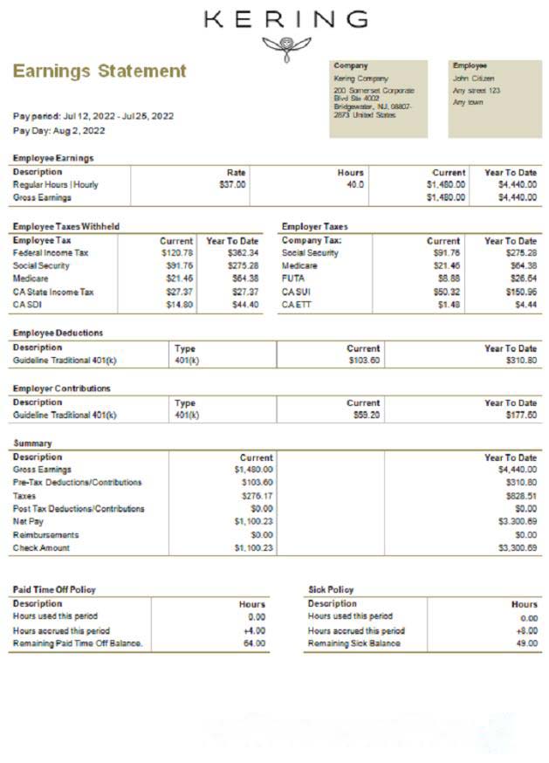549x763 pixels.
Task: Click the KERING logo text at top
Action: pos(285,19)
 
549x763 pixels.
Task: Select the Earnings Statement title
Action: pos(100,71)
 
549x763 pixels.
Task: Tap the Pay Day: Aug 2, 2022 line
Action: pos(59,131)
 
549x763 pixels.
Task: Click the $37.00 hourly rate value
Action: pos(232,185)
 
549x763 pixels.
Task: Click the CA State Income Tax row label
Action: pos(53,292)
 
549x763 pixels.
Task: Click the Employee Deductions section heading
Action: pos(58,333)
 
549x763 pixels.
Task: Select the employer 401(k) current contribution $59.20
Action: pos(364,416)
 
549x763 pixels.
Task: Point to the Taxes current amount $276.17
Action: pos(257,496)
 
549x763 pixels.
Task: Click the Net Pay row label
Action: pos(27,522)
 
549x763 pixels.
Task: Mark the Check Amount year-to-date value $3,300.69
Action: pos(518,548)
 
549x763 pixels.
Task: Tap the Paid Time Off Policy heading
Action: pos(54,590)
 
